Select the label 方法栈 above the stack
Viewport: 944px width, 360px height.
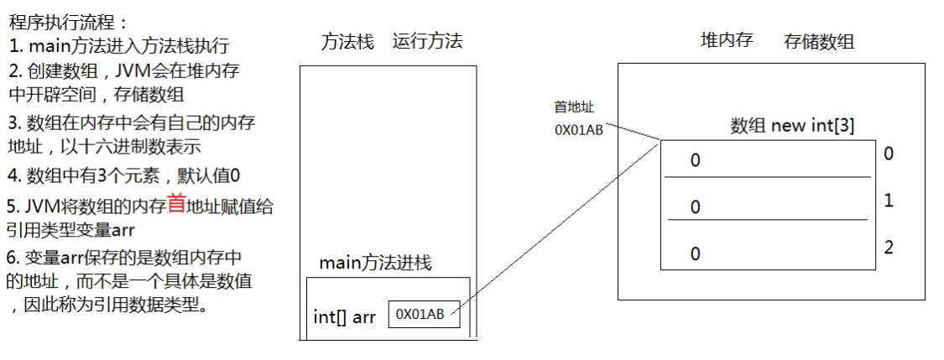coord(347,42)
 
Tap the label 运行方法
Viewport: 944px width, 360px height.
coord(427,42)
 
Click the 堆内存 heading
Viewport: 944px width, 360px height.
coord(727,40)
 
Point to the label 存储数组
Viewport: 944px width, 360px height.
coord(819,41)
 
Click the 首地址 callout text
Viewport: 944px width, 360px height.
coord(572,107)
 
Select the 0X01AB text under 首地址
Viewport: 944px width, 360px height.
coord(578,131)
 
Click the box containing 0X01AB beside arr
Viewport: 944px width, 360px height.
coord(424,315)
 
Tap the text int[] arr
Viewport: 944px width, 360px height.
coord(344,316)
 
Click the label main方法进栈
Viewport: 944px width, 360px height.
coord(375,263)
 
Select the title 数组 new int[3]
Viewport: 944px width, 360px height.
coord(792,126)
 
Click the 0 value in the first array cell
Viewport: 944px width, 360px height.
coord(695,160)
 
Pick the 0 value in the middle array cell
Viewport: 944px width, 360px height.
coord(695,206)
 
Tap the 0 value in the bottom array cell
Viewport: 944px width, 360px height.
coord(695,253)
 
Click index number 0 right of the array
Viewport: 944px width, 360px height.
coord(889,154)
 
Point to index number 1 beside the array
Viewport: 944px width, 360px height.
coord(889,201)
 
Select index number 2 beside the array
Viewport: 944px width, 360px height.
coord(889,248)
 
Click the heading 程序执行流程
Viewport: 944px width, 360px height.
coord(69,22)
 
